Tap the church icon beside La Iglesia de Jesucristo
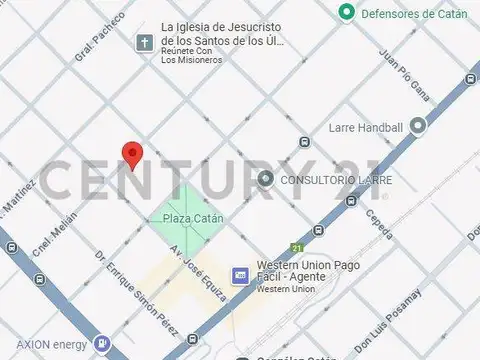145,43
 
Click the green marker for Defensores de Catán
346,12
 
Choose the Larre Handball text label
365,128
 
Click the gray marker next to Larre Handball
417,126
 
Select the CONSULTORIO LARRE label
335,180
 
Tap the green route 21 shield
296,247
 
